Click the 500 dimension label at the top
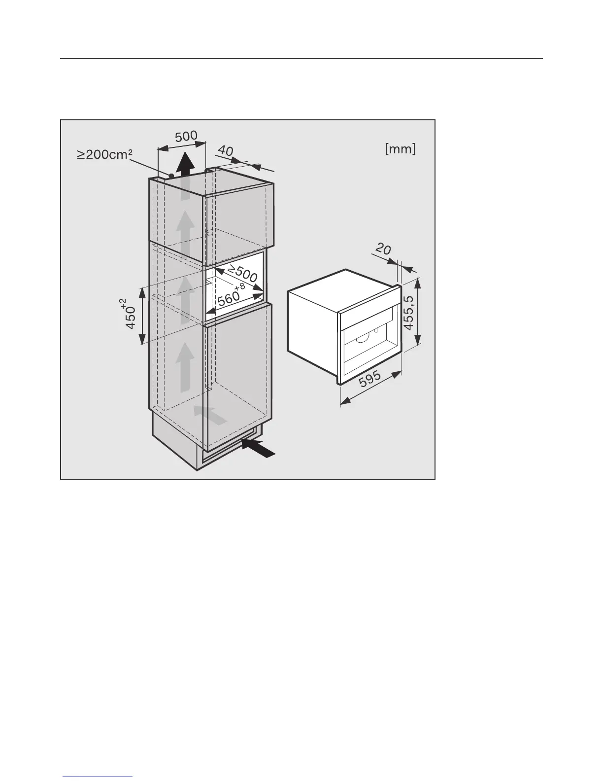click(186, 136)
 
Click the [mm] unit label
click(400, 149)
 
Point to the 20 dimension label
click(383, 250)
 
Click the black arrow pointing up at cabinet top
click(185, 165)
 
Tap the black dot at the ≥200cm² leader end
click(171, 176)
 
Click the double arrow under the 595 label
click(370, 390)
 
